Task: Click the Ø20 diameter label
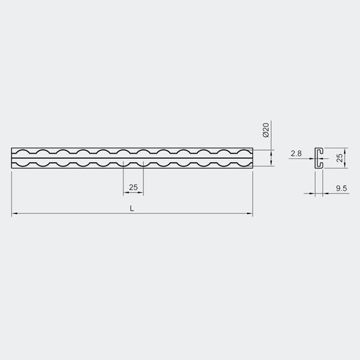click(265, 130)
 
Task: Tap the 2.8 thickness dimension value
click(296, 154)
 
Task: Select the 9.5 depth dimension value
click(341, 188)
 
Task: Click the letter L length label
click(132, 208)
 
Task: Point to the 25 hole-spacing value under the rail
click(134, 187)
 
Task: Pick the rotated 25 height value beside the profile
click(339, 157)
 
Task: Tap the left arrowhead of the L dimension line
click(14, 213)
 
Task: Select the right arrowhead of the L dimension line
click(249, 213)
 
